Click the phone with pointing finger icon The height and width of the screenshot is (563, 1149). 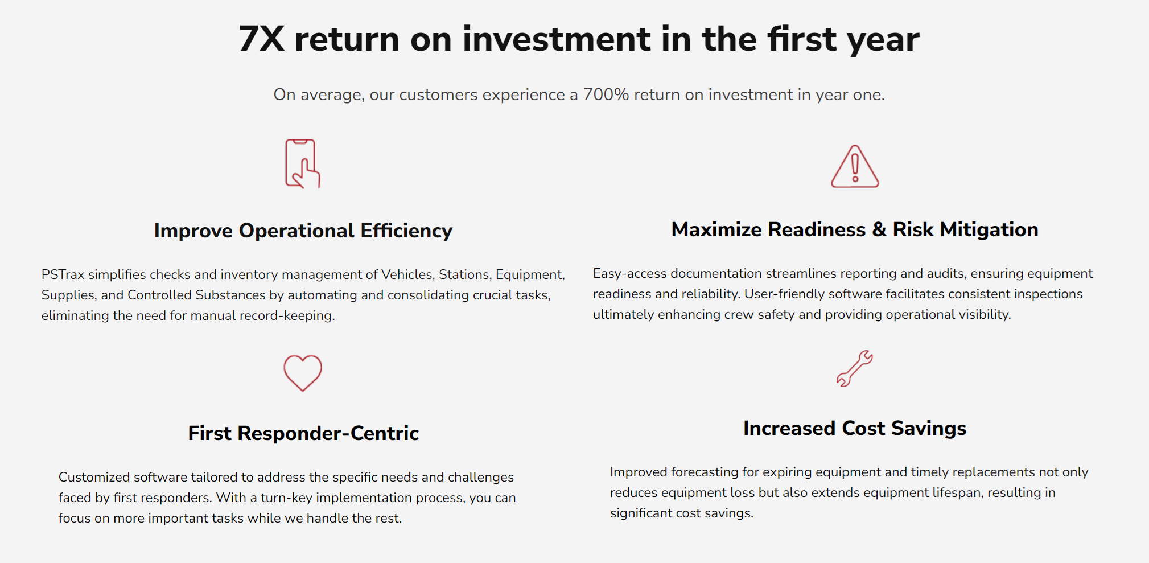(x=302, y=164)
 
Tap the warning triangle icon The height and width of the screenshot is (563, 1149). (x=854, y=167)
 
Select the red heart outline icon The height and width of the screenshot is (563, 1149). (x=303, y=373)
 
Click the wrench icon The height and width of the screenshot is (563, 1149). (x=854, y=368)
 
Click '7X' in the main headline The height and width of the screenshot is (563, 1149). (x=261, y=39)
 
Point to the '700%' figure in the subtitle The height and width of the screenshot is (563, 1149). (x=606, y=94)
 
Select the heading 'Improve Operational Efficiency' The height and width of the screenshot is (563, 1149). (x=303, y=231)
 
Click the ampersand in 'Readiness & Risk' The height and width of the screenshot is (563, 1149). (x=879, y=229)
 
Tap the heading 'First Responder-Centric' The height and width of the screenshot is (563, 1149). (x=303, y=433)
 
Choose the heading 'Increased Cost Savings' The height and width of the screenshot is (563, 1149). (x=854, y=428)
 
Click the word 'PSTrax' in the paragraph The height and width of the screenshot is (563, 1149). (x=63, y=274)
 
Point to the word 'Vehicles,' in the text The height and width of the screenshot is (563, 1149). (x=407, y=274)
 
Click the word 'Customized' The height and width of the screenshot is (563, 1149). (x=94, y=477)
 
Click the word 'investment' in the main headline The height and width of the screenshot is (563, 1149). (x=556, y=39)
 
